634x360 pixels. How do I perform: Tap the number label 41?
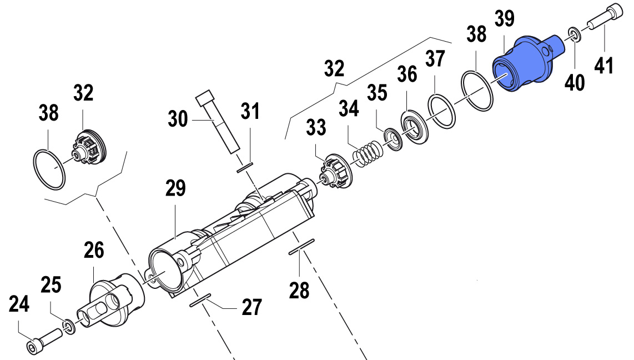603,66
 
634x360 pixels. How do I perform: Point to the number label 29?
175,188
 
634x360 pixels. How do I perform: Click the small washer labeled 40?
575,34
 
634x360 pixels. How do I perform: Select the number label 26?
94,251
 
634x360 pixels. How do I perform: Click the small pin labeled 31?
245,167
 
